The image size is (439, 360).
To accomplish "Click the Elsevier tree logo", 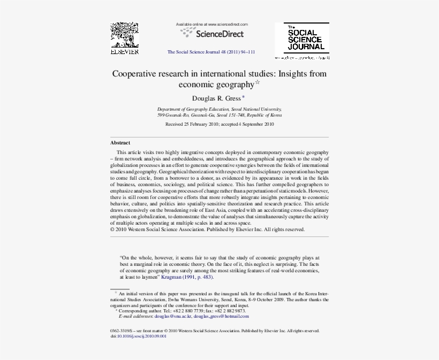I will (124, 35).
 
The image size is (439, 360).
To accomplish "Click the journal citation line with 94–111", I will (211, 52).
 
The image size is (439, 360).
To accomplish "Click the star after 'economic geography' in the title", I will (257, 82).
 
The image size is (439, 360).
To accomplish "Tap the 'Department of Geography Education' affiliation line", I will (219, 109).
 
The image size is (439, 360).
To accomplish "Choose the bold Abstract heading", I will (120, 143).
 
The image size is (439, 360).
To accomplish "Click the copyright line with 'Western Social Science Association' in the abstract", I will (207, 229).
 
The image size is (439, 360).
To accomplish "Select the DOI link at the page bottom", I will (138, 336).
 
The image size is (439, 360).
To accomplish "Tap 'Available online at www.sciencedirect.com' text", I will (212, 25).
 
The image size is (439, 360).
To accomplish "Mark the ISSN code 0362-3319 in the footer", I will (122, 331).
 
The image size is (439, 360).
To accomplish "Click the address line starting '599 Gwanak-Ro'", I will (219, 114).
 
